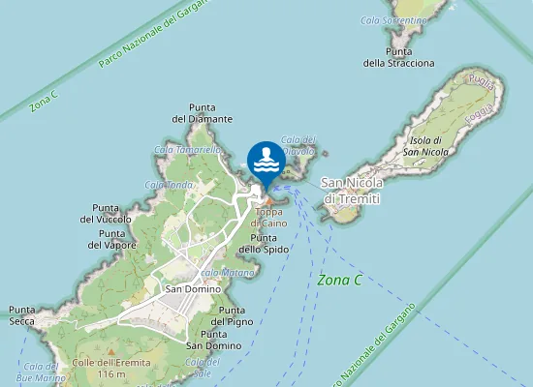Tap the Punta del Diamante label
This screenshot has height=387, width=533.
(203, 112)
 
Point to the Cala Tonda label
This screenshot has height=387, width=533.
(169, 184)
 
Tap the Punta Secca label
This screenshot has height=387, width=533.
(22, 315)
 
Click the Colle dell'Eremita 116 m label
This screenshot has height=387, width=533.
(100, 369)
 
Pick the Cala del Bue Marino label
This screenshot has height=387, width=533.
(42, 372)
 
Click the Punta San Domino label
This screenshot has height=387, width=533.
(213, 340)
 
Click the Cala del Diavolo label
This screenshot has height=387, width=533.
(298, 144)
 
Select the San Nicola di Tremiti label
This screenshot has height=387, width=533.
(352, 191)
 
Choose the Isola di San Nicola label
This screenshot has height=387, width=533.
(425, 146)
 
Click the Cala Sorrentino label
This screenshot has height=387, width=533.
(393, 19)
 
